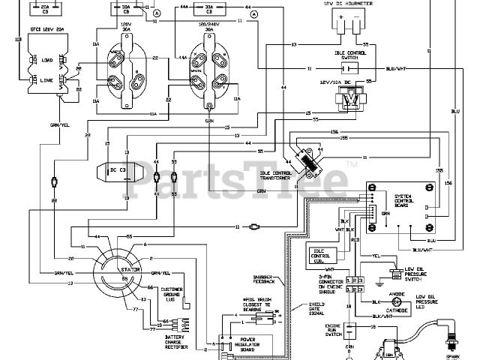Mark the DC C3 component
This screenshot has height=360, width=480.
point(119,169)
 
